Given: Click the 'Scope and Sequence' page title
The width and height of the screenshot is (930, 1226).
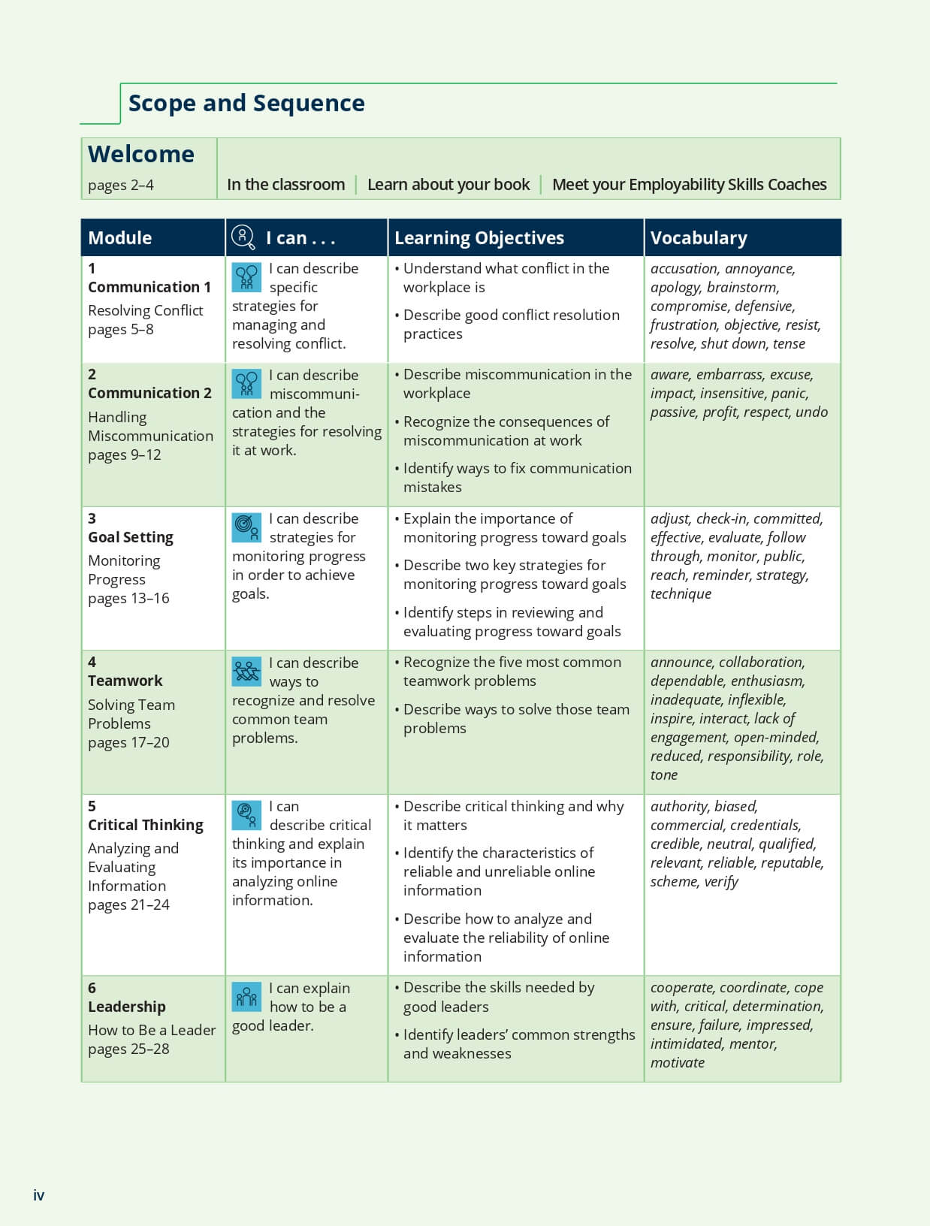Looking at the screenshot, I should click(x=246, y=103).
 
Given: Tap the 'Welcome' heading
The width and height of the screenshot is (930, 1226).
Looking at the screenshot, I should click(x=141, y=154).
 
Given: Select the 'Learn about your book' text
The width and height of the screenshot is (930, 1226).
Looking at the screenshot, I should click(x=448, y=185).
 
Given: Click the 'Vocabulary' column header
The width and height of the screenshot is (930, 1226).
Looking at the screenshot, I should click(x=699, y=238).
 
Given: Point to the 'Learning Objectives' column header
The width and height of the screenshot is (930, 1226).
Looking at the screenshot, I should click(x=479, y=238).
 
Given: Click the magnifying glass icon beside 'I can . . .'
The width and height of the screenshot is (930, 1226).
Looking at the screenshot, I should click(x=243, y=237).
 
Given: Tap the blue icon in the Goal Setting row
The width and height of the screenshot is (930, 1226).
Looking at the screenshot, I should click(x=246, y=527).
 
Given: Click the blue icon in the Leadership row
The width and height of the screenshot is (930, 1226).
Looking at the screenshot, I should click(x=246, y=997).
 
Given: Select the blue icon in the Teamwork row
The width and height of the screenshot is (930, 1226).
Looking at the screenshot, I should click(x=246, y=672).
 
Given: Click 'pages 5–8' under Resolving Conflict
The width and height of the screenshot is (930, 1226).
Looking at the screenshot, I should click(x=121, y=330).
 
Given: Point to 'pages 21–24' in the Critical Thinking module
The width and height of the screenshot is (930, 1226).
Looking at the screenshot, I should click(x=128, y=905).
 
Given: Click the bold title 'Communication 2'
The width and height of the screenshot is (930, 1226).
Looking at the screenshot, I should click(x=149, y=393).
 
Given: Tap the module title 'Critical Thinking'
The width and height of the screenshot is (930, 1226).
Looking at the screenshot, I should click(x=146, y=825).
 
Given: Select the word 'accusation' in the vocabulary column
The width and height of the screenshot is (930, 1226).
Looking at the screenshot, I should click(x=684, y=269).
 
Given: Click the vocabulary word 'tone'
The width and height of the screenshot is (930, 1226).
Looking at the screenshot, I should click(x=664, y=775).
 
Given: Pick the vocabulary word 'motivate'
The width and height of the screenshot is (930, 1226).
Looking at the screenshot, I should click(x=678, y=1063).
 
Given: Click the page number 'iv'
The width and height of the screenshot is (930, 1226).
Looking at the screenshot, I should click(x=39, y=1195).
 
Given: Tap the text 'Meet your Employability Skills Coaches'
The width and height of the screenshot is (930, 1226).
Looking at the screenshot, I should click(x=689, y=185).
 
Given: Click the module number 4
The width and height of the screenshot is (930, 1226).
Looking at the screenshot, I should click(x=92, y=662).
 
